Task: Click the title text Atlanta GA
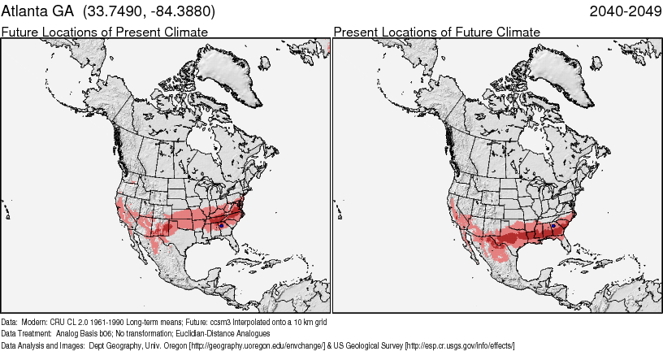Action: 37,12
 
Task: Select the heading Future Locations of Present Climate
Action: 104,32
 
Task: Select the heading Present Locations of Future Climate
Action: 436,32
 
